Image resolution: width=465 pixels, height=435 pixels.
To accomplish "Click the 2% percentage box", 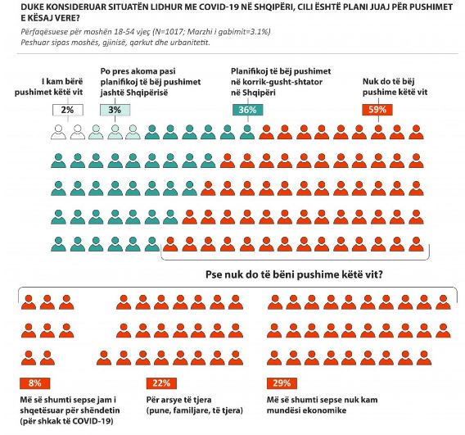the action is point(68,110).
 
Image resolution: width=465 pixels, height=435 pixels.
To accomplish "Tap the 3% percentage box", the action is point(115,110).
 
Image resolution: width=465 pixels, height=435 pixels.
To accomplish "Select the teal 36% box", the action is point(247,110).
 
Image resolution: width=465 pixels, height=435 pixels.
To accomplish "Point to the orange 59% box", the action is point(377,110).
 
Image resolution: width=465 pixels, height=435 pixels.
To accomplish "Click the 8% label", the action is point(34,383).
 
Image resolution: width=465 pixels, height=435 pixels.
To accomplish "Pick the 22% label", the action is point(161,383).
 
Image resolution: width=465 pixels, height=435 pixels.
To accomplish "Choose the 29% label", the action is point(282,383).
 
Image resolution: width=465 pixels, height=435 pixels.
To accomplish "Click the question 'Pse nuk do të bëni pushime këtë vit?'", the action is point(294,274).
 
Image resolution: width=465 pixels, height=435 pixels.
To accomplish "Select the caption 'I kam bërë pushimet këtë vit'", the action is point(49,87).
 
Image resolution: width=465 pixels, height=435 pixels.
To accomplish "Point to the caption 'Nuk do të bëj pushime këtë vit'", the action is point(395,87).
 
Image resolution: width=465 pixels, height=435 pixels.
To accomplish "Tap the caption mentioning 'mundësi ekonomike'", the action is point(323,405).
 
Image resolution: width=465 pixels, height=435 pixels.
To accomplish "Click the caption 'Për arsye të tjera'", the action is point(178,400).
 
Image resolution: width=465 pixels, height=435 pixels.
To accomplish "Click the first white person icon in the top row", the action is point(58,132).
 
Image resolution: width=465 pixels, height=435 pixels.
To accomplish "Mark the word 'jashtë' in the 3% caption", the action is point(112,93).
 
